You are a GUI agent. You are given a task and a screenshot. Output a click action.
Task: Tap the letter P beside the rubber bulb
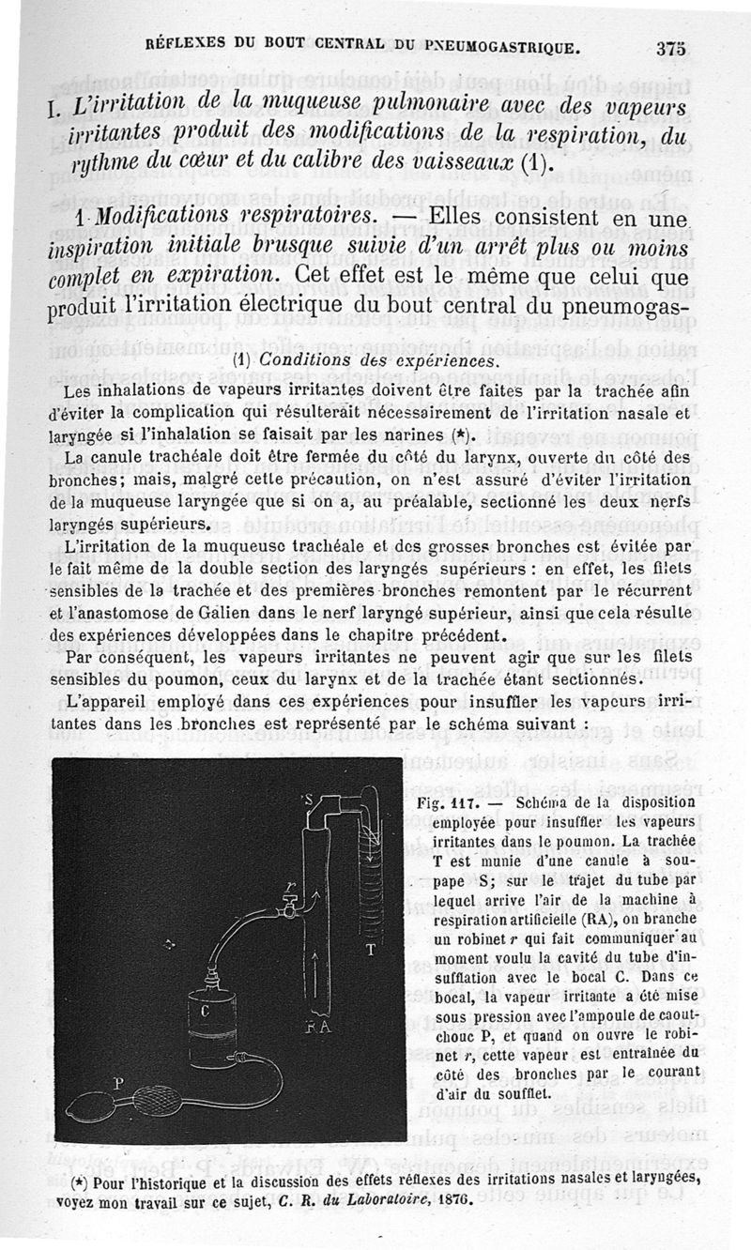(119, 1082)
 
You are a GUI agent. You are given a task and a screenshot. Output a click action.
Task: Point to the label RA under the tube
(316, 1029)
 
